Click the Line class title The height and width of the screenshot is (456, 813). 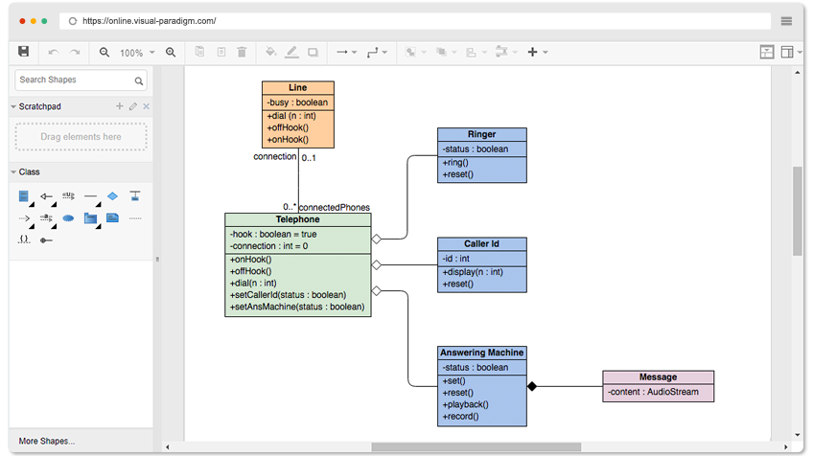(297, 87)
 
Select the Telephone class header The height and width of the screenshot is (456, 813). (297, 219)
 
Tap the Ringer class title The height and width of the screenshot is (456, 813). (481, 134)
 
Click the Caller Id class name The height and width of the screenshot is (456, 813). (481, 243)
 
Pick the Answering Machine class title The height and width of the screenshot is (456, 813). (481, 353)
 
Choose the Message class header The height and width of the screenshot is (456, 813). (658, 376)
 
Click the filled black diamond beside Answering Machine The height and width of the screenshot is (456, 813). (532, 386)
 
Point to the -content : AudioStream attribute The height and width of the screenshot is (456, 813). (653, 392)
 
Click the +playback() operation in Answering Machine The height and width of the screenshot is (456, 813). (465, 404)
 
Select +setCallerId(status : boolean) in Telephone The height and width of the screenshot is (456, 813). (288, 295)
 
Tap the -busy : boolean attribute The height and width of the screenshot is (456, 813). (297, 103)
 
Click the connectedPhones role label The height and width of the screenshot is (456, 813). (335, 207)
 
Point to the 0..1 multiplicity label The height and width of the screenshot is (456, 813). (309, 157)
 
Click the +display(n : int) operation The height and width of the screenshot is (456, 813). (473, 272)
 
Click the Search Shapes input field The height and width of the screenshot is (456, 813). (81, 80)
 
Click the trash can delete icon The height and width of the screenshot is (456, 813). (242, 52)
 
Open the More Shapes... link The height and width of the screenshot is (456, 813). (47, 441)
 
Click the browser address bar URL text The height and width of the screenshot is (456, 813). (150, 21)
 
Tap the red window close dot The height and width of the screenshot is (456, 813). (22, 21)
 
